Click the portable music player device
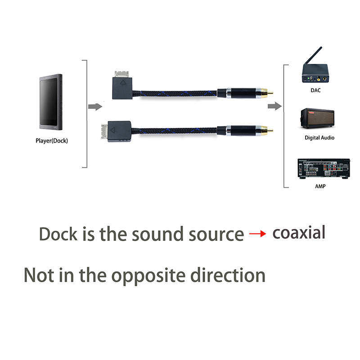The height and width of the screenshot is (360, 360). [x=50, y=102]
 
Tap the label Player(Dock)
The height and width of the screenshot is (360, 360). [x=52, y=141]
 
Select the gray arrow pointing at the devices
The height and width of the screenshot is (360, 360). [x=274, y=106]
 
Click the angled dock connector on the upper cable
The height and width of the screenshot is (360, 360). [x=122, y=85]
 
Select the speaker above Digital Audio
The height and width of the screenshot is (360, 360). [x=317, y=118]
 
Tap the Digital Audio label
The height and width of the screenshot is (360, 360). [x=319, y=138]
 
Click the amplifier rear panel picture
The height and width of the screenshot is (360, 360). [x=323, y=169]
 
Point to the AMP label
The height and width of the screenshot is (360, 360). [x=320, y=186]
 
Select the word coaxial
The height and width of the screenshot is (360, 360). [x=299, y=233]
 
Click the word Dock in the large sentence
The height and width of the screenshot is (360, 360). [x=58, y=234]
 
